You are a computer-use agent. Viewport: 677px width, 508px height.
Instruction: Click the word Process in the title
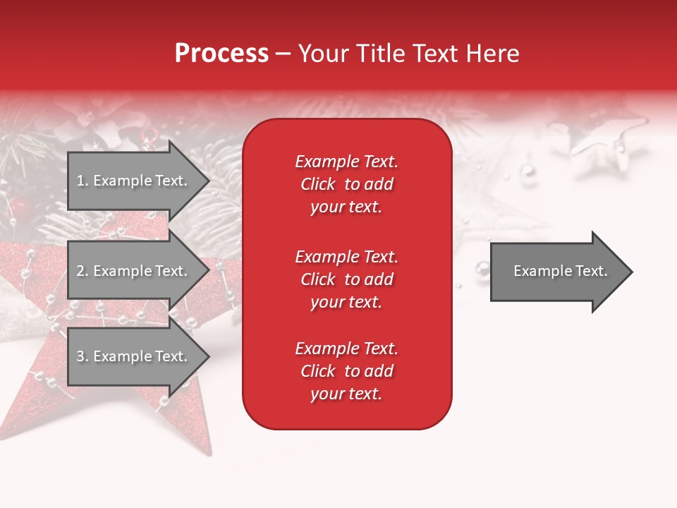pyautogui.click(x=221, y=54)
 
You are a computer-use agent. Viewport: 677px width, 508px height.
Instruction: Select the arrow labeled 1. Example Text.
pyautogui.click(x=134, y=181)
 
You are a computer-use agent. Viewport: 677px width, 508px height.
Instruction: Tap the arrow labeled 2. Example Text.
pyautogui.click(x=134, y=271)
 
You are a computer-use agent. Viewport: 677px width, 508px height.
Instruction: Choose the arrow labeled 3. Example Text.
pyautogui.click(x=134, y=356)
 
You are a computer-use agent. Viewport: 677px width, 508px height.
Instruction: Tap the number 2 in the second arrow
pyautogui.click(x=80, y=271)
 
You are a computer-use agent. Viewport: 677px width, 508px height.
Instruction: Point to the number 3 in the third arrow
pyautogui.click(x=80, y=356)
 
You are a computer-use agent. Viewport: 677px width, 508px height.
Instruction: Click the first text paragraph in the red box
pyautogui.click(x=346, y=184)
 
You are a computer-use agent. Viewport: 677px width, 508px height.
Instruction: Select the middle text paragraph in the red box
pyautogui.click(x=346, y=279)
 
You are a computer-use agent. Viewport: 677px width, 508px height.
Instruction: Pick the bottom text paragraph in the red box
pyautogui.click(x=346, y=371)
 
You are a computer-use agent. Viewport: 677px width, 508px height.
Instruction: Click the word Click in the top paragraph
pyautogui.click(x=317, y=184)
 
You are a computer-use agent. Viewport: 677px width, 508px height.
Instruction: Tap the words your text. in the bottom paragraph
pyautogui.click(x=346, y=394)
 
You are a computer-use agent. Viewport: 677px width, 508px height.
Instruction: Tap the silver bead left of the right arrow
pyautogui.click(x=482, y=267)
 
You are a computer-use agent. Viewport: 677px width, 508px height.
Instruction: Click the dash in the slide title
pyautogui.click(x=283, y=54)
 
